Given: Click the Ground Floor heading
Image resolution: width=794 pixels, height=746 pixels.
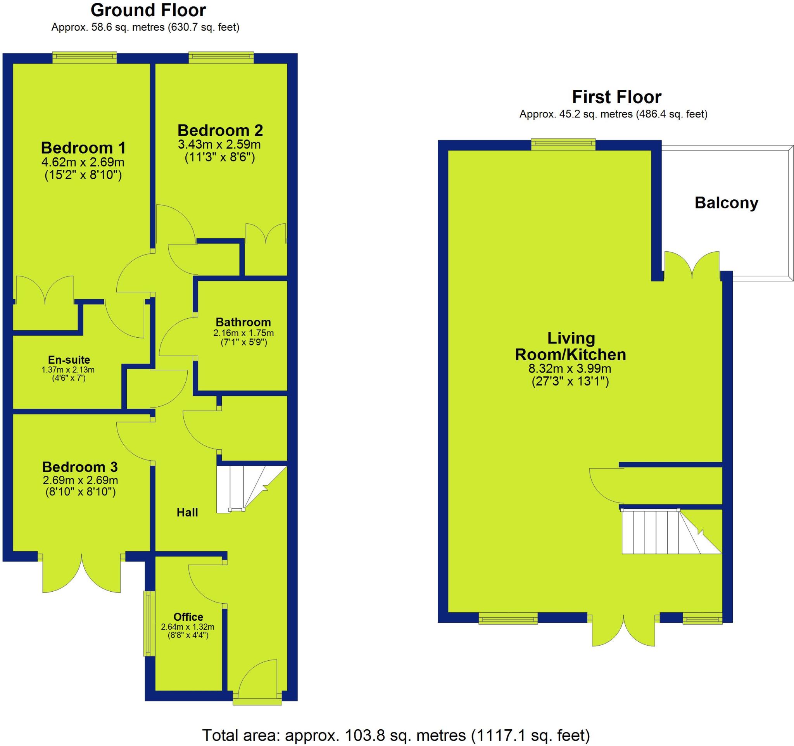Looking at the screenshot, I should click(x=148, y=11).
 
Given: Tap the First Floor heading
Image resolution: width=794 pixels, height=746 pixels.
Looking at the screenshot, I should click(x=616, y=97).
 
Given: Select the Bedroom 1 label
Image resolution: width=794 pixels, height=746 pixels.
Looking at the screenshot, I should click(x=83, y=148).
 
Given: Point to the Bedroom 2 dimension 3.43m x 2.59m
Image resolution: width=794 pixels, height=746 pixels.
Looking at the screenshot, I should click(x=219, y=144).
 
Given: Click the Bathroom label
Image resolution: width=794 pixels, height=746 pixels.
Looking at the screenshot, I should click(x=243, y=322).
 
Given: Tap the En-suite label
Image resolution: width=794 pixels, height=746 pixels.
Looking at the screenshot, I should click(x=69, y=360).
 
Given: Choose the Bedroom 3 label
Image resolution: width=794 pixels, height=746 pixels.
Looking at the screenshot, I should click(x=80, y=467).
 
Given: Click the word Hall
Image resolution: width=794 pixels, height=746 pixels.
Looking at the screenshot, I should click(x=187, y=512).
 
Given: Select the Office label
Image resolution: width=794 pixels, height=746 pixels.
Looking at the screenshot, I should click(x=188, y=617).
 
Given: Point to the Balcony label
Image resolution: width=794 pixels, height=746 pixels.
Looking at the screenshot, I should click(x=726, y=203).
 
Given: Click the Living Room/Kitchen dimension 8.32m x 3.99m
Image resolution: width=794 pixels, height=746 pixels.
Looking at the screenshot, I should click(x=570, y=369).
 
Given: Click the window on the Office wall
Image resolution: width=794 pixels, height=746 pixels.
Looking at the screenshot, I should click(x=149, y=623).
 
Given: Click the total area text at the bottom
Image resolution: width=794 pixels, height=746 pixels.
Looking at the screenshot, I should click(x=396, y=735).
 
